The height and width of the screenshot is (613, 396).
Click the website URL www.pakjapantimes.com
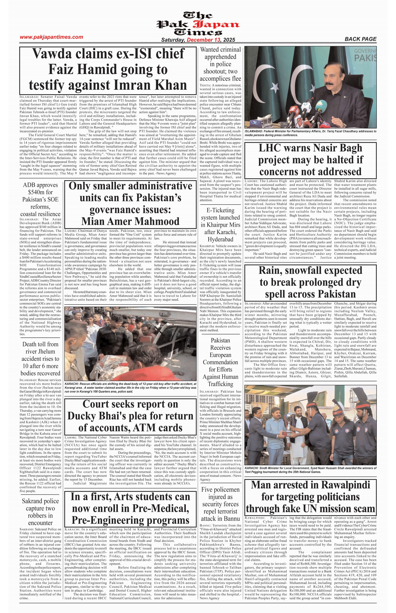[x=51, y=37]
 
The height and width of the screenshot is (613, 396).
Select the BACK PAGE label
[x=360, y=39]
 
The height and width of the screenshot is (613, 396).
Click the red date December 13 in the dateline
[x=204, y=40]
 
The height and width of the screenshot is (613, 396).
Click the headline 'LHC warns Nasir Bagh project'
[x=310, y=160]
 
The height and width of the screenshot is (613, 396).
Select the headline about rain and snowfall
[x=310, y=282]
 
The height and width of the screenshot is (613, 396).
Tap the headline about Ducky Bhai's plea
[x=130, y=416]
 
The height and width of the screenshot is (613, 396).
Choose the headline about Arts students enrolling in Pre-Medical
[x=130, y=508]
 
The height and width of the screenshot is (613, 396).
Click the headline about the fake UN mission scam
[x=310, y=497]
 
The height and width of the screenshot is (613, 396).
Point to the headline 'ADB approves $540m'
[x=40, y=199]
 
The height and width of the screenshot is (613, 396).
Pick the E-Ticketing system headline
[x=220, y=225]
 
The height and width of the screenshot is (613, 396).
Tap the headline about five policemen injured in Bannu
[x=220, y=504]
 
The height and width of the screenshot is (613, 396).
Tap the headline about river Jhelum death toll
[x=40, y=358]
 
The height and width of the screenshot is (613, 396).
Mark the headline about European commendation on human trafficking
[x=220, y=362]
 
